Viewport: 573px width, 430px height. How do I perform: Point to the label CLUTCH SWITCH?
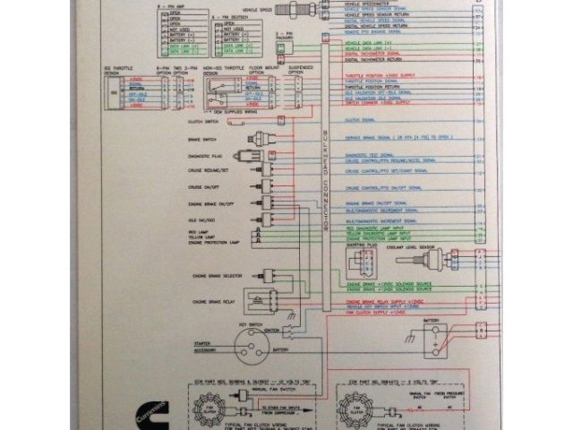tap(204, 121)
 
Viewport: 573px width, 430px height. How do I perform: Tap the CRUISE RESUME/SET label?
tap(205, 170)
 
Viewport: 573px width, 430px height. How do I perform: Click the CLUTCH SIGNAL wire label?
tap(360, 119)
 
